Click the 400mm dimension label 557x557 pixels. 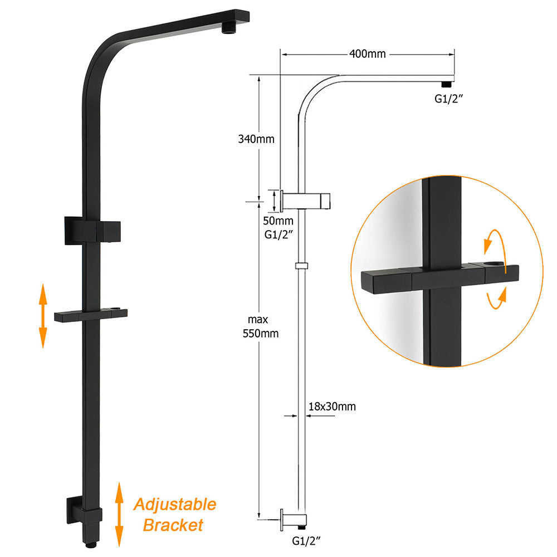tap(368, 55)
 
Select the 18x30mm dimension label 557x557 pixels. tap(331, 407)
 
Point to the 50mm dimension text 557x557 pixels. tap(278, 221)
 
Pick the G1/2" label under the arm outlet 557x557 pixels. tap(449, 100)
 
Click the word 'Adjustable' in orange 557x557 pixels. tap(174, 506)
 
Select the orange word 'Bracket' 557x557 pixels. tap(173, 525)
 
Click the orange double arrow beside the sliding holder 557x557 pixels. tap(42, 315)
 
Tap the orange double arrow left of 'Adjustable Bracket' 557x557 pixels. tap(119, 515)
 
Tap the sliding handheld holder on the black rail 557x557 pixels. tap(90, 315)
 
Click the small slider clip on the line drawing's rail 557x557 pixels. tap(301, 266)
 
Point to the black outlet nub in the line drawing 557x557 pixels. tap(446, 84)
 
